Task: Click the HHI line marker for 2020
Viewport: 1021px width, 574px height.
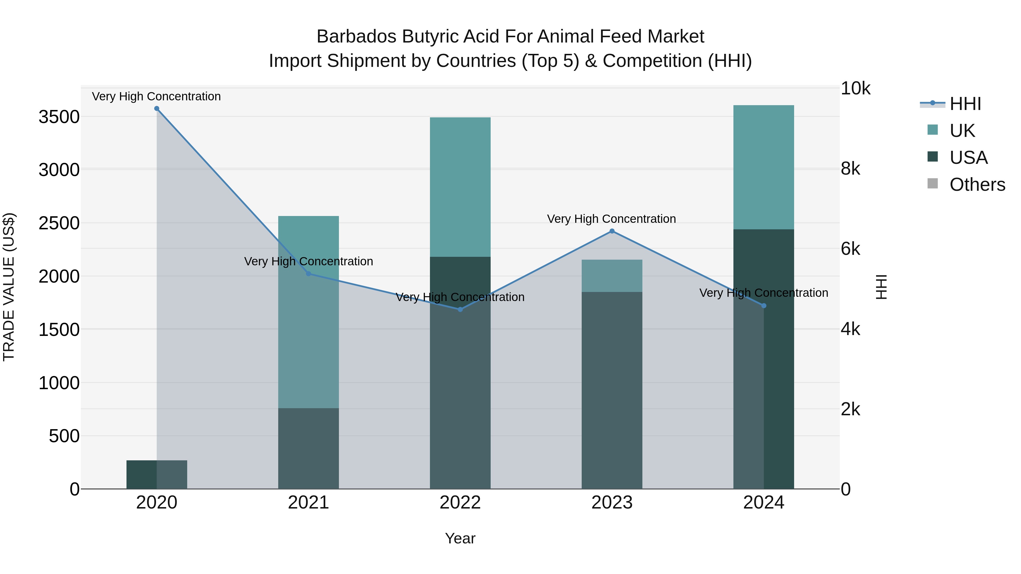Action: pyautogui.click(x=157, y=109)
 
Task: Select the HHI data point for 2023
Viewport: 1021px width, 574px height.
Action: pyautogui.click(x=612, y=231)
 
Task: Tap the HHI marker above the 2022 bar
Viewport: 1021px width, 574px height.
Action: pyautogui.click(x=460, y=309)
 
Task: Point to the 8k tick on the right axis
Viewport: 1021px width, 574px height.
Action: pyautogui.click(x=851, y=169)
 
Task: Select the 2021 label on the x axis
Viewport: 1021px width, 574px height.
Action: pyautogui.click(x=308, y=503)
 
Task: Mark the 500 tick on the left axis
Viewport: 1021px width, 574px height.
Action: pyautogui.click(x=64, y=436)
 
